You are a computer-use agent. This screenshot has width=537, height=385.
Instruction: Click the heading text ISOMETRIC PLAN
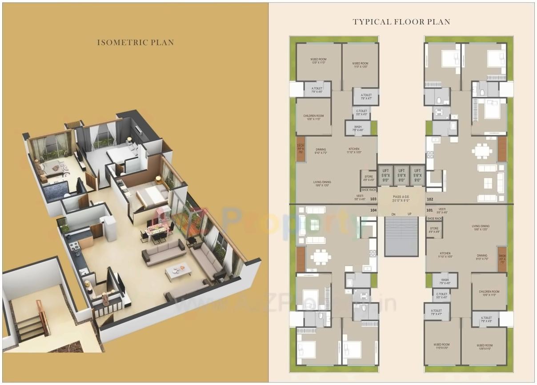[136, 43]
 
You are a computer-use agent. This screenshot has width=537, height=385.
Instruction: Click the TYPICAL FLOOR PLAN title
[401, 22]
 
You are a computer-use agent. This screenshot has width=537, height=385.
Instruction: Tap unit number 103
[373, 199]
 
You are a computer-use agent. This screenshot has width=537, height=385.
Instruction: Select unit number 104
[373, 209]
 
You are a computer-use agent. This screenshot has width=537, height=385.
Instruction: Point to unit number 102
[430, 199]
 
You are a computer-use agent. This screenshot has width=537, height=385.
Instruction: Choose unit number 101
[429, 209]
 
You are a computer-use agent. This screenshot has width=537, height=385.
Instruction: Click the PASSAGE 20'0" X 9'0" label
[401, 199]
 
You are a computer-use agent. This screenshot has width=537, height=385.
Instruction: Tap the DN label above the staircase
[393, 214]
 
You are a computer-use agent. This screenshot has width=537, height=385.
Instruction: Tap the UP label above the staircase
[409, 214]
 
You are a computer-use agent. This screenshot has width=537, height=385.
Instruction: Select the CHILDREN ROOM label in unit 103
[313, 117]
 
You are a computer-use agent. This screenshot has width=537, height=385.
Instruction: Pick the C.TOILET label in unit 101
[441, 296]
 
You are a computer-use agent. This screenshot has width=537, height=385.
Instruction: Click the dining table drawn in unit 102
[482, 151]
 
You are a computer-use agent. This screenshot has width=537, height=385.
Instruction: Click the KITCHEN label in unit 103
[354, 151]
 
